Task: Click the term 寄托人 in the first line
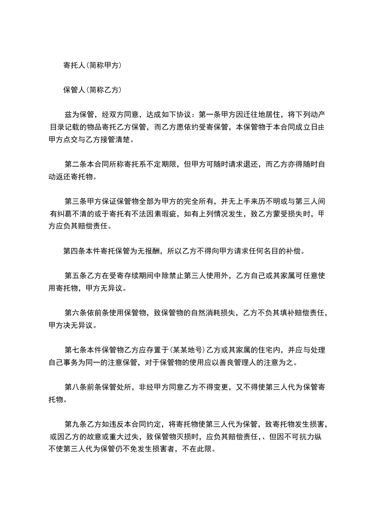(x=73, y=65)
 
